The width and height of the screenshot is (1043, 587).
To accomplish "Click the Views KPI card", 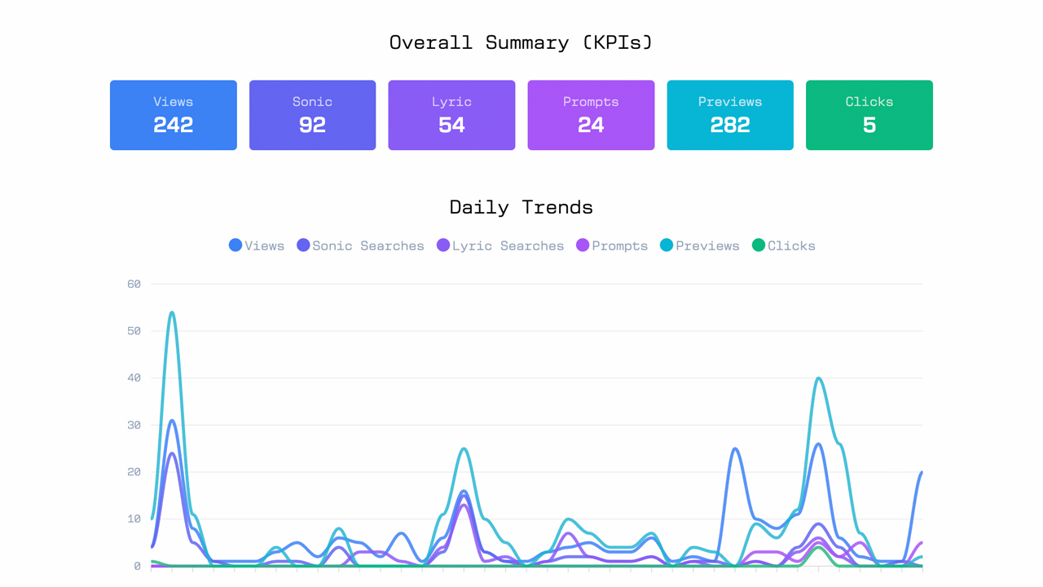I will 174,115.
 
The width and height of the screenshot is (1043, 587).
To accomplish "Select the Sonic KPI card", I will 312,115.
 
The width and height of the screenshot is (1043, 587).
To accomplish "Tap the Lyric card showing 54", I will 451,115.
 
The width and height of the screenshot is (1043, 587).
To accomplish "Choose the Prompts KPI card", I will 591,115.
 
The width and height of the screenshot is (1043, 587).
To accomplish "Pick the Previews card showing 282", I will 730,115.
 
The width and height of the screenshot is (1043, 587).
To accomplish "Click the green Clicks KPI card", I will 869,115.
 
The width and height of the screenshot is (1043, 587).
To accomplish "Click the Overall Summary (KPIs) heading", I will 521,42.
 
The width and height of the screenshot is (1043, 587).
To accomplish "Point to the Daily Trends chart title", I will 521,207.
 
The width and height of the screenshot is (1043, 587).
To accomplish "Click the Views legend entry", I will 257,245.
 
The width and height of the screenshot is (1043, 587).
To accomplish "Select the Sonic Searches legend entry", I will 360,245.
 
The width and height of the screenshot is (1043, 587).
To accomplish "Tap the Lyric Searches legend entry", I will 500,245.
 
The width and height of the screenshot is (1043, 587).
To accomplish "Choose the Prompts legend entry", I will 612,245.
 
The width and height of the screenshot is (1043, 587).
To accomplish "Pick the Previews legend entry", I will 699,245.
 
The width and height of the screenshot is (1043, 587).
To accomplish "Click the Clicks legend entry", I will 783,245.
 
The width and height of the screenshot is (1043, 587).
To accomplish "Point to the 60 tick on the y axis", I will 134,284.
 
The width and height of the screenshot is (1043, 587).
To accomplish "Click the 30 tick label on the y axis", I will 134,425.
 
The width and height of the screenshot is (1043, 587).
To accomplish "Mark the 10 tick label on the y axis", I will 134,519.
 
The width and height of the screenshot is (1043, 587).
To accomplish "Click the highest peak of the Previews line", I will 172,312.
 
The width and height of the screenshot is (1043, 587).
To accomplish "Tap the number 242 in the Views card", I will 174,125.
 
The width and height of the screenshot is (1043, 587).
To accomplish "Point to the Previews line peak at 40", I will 818,378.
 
